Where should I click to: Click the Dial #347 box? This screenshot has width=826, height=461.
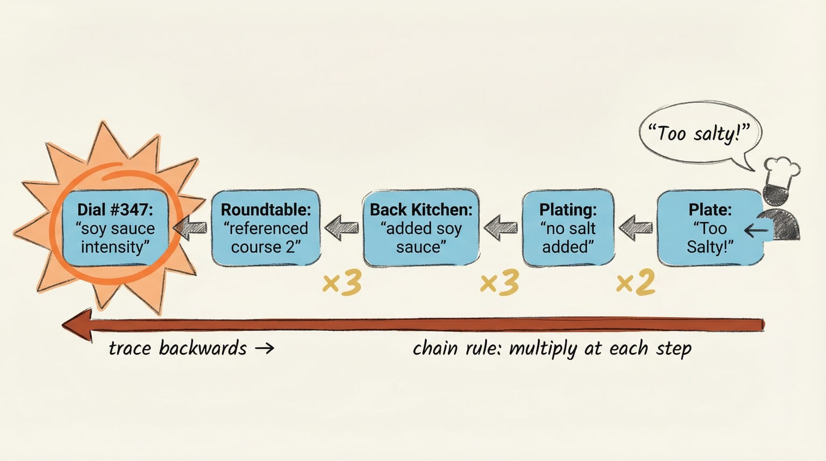(115, 228)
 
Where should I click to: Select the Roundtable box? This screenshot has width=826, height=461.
(266, 228)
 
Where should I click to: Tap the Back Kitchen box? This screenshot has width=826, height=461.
(421, 228)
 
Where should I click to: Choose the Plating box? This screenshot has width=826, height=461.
(568, 228)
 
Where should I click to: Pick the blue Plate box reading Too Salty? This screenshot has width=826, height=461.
(709, 228)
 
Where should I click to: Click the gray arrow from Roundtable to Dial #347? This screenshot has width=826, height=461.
(190, 228)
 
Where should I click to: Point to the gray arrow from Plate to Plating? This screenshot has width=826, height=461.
(636, 226)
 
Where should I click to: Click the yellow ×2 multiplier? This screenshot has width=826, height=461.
(636, 282)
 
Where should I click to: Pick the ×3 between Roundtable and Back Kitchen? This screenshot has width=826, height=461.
(341, 282)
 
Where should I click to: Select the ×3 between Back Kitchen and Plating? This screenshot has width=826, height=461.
(499, 282)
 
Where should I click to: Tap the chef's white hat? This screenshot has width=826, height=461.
(781, 172)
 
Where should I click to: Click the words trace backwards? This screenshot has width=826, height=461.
(177, 349)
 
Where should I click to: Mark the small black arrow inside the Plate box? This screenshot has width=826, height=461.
(755, 231)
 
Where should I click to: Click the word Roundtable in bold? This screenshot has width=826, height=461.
(266, 209)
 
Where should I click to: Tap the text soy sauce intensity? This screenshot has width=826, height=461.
(115, 238)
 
